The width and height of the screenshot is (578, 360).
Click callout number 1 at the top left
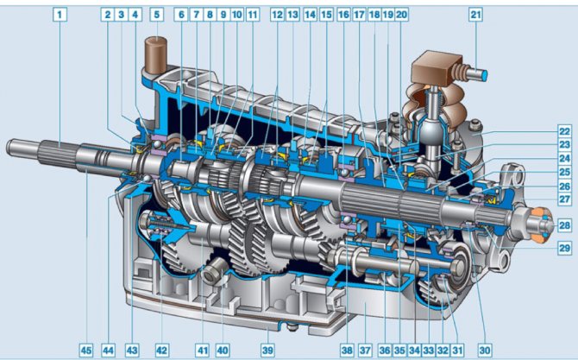60,15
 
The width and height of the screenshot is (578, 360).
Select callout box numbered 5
157,15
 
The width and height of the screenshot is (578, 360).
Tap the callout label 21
475,15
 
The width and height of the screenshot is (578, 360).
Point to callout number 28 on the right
564,224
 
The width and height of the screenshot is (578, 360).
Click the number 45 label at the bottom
86,350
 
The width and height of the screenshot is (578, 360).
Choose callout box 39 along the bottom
267,350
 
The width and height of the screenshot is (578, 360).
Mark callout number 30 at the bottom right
485,350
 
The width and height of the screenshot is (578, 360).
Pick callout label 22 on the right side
564,131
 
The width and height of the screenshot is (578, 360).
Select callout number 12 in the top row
277,15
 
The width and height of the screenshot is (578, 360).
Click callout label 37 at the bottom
365,350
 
